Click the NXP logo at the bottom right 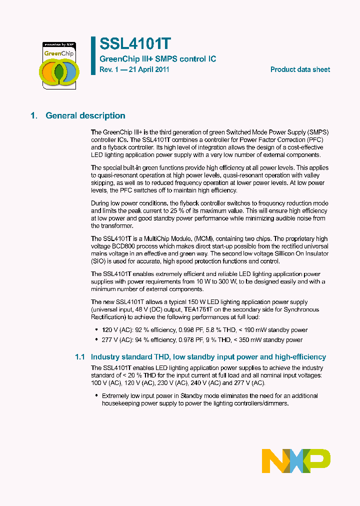click(x=296, y=460)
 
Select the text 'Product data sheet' click(x=300, y=69)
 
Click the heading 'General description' click(x=85, y=115)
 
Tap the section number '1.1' click(x=80, y=357)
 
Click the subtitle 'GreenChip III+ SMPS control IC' click(x=158, y=59)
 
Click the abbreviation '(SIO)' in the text click(x=99, y=261)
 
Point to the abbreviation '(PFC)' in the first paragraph click(x=319, y=140)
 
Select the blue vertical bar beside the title click(x=93, y=55)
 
